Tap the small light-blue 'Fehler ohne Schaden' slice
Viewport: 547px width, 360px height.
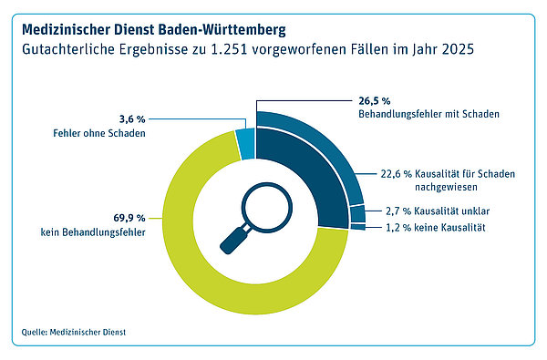245,144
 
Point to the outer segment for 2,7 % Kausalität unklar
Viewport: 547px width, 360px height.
358,214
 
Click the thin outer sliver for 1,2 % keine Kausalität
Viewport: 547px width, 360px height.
358,227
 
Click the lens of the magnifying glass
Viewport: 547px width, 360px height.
267,208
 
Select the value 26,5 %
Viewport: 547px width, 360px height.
375,101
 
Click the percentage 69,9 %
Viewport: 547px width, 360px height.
129,218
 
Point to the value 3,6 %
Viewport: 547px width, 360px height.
132,119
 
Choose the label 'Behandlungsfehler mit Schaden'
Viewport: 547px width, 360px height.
428,114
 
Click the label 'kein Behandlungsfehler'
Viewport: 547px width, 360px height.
93,232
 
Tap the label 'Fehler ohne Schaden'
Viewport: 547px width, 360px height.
99,133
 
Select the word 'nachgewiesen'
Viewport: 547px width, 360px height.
446,188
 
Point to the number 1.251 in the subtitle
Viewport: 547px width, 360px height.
229,49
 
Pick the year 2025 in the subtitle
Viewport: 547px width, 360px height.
458,49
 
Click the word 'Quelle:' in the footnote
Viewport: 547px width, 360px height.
35,332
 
